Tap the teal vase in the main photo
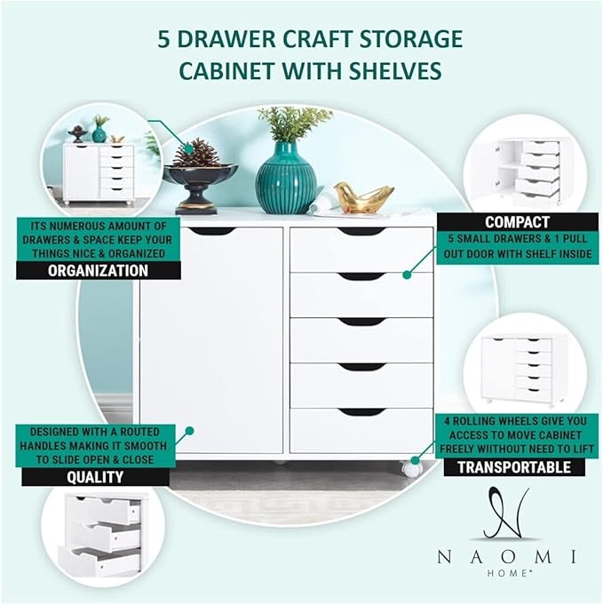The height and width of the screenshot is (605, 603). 286,180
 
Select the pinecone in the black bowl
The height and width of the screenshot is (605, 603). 195,153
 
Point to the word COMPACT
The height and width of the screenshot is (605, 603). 516,222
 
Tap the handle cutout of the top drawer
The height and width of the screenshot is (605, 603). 361,232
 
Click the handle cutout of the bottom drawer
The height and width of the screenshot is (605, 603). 361,411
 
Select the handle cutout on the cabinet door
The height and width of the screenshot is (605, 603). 213,232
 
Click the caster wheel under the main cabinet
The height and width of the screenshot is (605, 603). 411,467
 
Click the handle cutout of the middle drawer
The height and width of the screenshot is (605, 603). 361,322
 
